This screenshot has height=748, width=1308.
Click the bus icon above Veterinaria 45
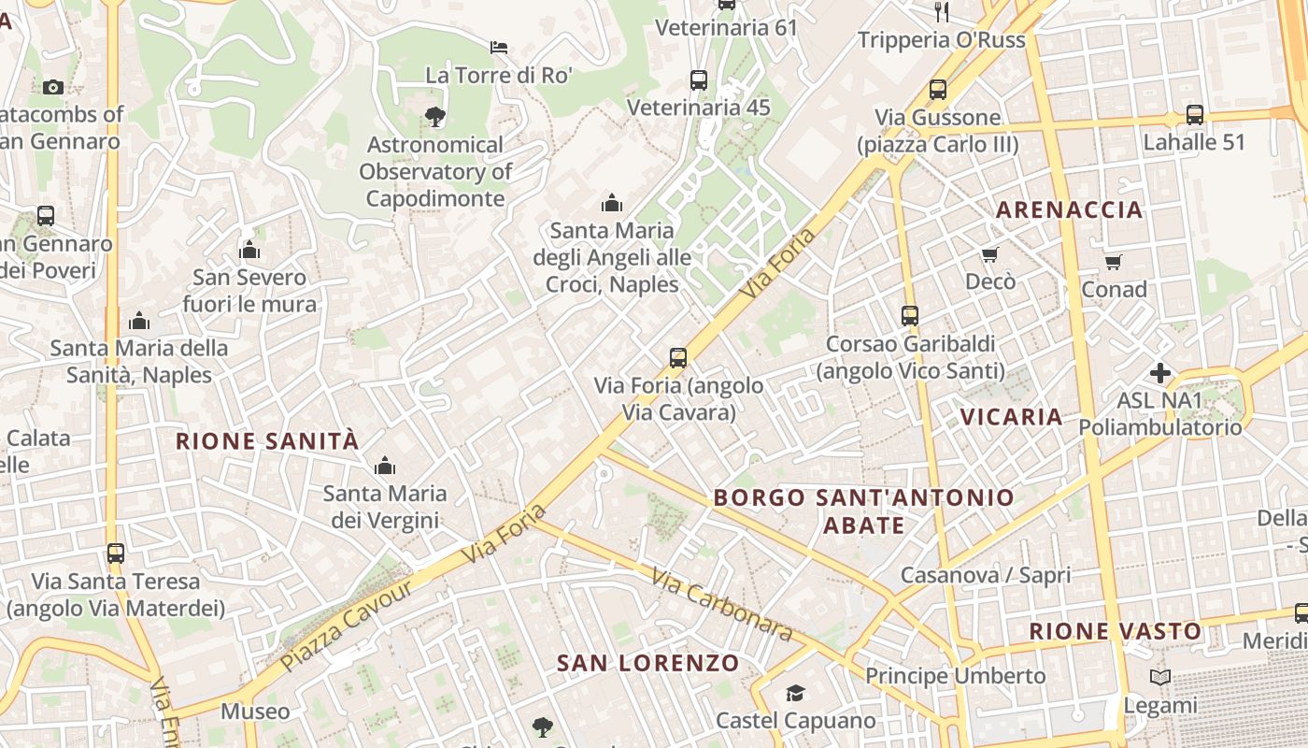[698, 80]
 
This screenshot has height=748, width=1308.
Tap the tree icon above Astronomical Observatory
[434, 117]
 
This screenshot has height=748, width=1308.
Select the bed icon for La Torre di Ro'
[499, 47]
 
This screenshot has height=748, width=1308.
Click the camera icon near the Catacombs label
[53, 87]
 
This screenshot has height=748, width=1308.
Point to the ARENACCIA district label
[1069, 209]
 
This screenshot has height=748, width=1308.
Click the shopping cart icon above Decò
[990, 254]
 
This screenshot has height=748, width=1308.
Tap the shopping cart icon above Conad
[1113, 262]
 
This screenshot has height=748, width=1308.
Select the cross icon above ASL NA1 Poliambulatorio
[1160, 373]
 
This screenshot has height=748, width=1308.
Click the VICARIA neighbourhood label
[1012, 417]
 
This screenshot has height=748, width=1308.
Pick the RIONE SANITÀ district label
[267, 441]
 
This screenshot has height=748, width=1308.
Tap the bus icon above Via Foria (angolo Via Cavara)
[678, 357]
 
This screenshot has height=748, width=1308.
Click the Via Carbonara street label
[722, 605]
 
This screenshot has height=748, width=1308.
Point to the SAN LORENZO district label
[648, 664]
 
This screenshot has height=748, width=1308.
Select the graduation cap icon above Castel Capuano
[795, 693]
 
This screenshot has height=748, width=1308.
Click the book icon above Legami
[1160, 677]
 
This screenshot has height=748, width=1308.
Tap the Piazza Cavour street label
[346, 625]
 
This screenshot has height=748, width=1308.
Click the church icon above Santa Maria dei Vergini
[384, 466]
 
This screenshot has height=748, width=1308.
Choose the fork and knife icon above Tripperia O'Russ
[942, 11]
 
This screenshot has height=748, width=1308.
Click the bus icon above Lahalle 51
[1194, 115]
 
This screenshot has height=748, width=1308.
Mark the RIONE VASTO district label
[1116, 631]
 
